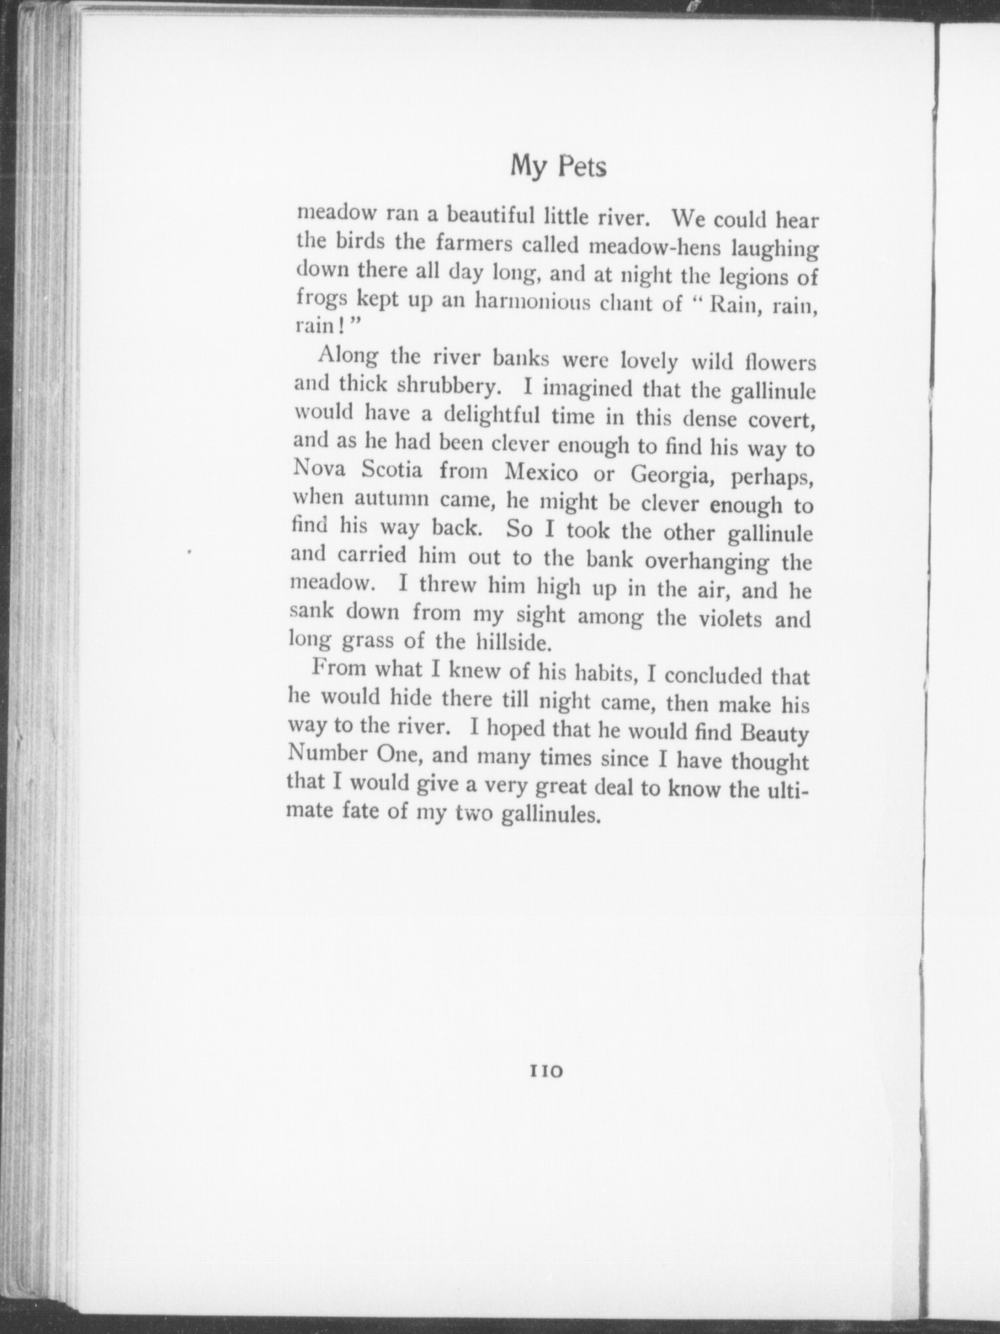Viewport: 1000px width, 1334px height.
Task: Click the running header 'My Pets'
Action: [x=559, y=167]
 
